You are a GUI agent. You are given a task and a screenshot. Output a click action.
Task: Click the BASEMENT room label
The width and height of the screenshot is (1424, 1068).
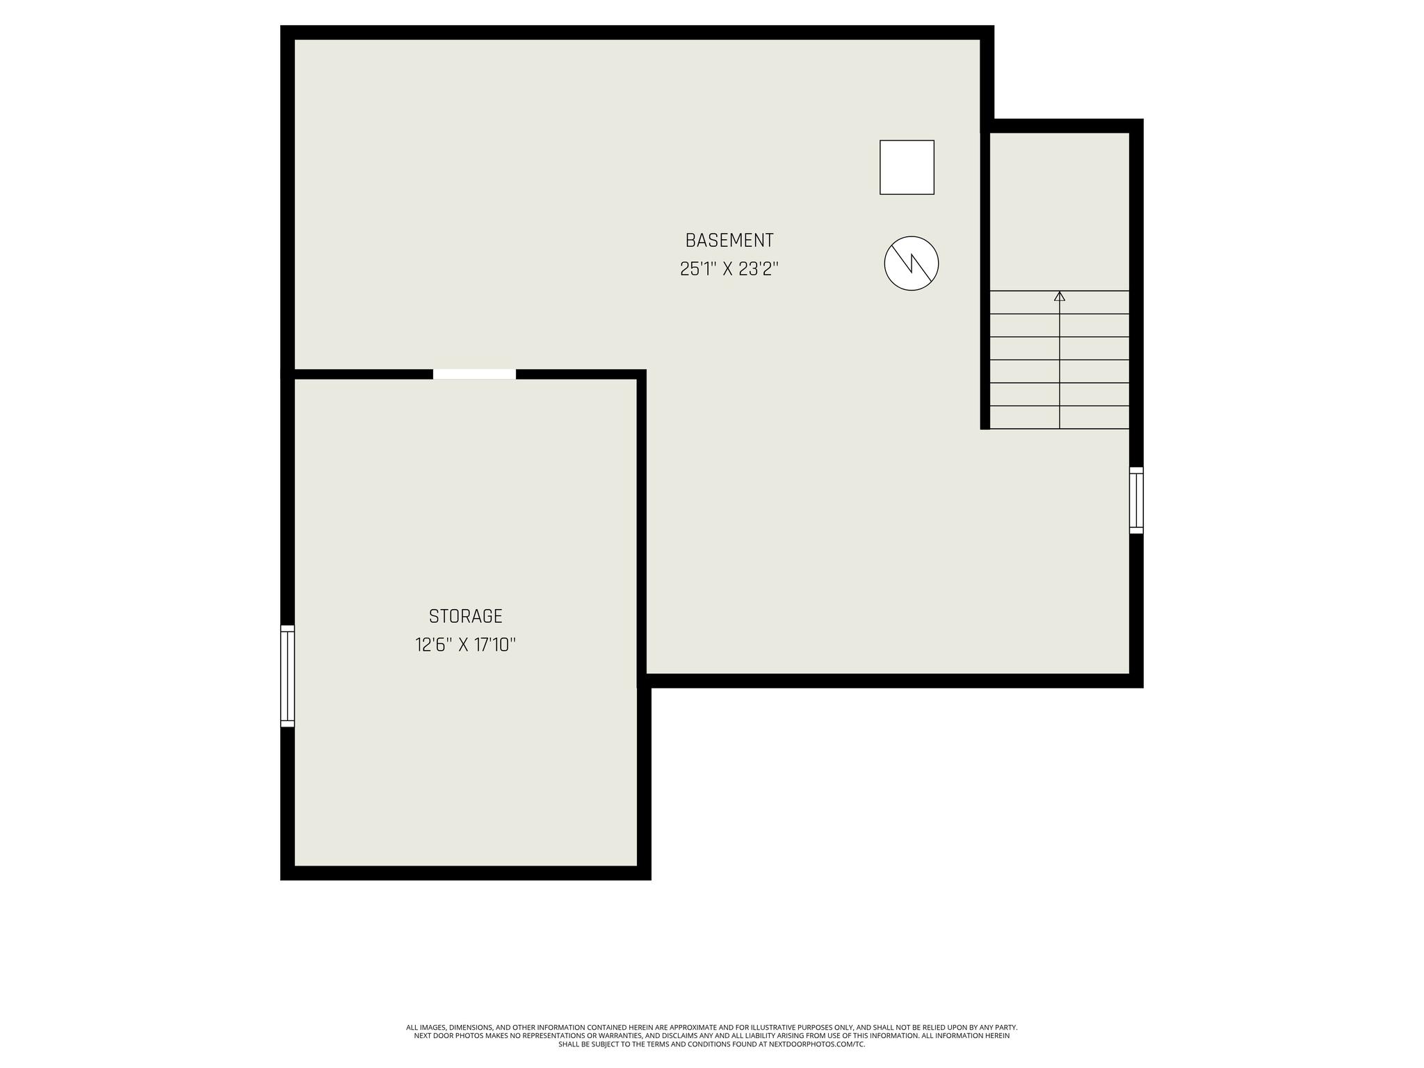(729, 241)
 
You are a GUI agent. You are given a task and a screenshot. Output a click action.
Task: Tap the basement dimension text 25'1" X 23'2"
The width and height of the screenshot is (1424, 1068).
(729, 269)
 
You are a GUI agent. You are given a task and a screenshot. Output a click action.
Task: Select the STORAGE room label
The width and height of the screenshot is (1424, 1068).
(466, 617)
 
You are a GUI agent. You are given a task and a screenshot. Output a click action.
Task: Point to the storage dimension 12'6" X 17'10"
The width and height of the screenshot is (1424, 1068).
(466, 645)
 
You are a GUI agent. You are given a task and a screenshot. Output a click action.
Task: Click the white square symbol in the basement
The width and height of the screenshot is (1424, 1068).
(907, 168)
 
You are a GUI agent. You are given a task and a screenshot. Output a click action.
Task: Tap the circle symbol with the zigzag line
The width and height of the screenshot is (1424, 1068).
(912, 264)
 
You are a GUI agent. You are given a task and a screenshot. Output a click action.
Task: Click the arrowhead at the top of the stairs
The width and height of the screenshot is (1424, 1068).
(1060, 296)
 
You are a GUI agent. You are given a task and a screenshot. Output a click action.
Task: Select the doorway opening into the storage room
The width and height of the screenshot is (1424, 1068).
(475, 374)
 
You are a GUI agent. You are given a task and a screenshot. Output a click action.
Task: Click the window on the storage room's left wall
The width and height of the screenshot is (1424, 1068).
(287, 676)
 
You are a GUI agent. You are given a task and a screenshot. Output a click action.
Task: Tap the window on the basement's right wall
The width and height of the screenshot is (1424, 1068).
(1136, 501)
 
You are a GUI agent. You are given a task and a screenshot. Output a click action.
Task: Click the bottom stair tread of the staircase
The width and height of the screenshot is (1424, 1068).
(1060, 417)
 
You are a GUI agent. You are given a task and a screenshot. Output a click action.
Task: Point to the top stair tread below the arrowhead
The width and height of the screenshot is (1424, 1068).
(1060, 302)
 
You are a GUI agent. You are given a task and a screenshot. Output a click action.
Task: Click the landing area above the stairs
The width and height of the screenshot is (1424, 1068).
(1060, 211)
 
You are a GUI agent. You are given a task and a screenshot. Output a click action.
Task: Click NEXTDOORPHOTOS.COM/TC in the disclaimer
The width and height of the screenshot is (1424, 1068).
(817, 1044)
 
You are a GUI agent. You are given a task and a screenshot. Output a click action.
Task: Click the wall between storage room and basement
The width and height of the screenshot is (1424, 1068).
(642, 528)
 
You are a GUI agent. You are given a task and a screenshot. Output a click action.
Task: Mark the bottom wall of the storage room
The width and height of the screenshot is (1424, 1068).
(466, 873)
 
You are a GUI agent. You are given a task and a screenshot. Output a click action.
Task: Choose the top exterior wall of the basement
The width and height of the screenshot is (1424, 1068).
(637, 33)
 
